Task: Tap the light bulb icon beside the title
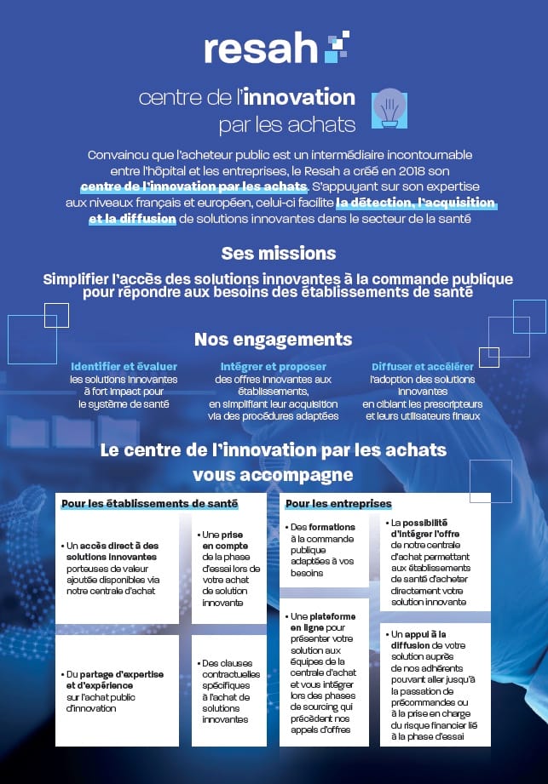click(x=389, y=108)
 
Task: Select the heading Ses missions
click(x=278, y=253)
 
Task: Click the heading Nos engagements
click(x=273, y=339)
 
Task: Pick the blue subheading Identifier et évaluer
click(x=124, y=366)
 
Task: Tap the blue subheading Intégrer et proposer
click(x=273, y=366)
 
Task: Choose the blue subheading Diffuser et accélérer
click(x=423, y=366)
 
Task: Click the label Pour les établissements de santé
click(x=149, y=504)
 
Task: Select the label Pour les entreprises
click(x=338, y=504)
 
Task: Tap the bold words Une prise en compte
click(x=224, y=540)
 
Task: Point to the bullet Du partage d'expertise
click(x=115, y=674)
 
